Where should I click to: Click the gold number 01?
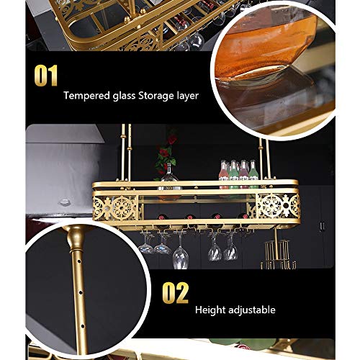[46, 76]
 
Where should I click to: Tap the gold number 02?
[176, 293]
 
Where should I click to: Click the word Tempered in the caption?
[86, 96]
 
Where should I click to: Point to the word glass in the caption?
[124, 96]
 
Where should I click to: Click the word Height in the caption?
[210, 310]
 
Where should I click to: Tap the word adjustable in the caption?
[252, 310]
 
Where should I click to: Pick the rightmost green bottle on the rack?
[253, 174]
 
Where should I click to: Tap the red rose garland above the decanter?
[166, 153]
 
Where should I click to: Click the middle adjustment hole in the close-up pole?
[81, 292]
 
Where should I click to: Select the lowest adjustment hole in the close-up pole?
[83, 326]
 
